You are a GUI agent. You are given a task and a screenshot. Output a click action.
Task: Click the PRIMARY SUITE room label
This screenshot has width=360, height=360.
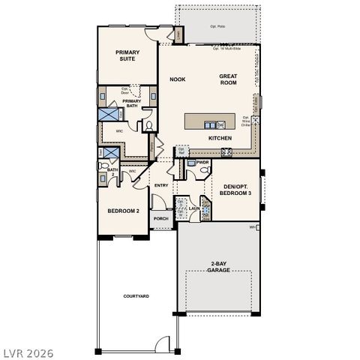[129, 57]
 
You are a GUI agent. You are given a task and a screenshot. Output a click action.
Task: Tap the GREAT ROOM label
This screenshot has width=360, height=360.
[228, 80]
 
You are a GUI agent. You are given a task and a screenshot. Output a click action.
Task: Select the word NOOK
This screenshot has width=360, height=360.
[177, 79]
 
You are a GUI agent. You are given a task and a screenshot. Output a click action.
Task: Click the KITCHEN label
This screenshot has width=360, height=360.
[220, 139]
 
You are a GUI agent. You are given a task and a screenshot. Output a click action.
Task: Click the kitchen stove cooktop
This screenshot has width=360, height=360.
[225, 154]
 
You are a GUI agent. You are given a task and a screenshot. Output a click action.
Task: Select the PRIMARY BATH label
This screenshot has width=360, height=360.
[132, 103]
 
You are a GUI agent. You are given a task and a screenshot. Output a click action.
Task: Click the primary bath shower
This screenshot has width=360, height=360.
[109, 114]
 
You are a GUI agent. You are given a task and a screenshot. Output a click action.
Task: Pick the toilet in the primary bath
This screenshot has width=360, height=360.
[148, 124]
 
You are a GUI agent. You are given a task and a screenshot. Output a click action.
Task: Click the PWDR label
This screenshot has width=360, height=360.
[202, 161]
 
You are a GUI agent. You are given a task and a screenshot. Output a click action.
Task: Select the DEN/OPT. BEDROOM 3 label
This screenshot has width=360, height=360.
[236, 189]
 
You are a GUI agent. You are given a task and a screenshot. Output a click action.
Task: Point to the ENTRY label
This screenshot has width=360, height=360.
[160, 185]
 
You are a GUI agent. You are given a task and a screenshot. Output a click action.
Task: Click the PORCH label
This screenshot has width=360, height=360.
[160, 220]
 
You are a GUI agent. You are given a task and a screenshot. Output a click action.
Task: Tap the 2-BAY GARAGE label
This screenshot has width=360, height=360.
[218, 267]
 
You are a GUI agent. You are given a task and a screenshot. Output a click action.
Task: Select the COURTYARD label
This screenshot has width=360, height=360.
[136, 296]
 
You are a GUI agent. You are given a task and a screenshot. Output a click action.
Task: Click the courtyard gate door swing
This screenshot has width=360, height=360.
[163, 344]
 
